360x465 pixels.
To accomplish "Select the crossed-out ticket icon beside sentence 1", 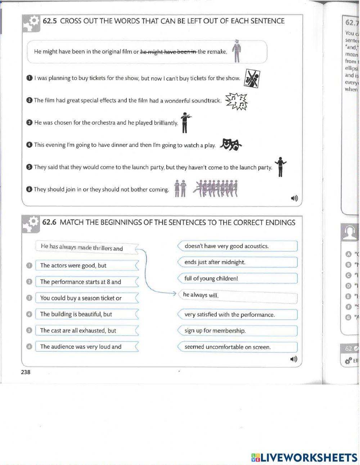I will click(x=252, y=79).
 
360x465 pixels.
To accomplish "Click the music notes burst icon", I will click(x=237, y=101).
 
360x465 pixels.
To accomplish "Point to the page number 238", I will click(x=26, y=372).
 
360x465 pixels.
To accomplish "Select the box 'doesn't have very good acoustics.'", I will click(x=238, y=246).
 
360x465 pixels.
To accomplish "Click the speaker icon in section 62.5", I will click(x=294, y=198).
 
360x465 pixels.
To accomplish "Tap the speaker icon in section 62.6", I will click(x=294, y=359).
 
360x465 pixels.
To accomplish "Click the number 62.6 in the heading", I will click(x=50, y=222).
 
